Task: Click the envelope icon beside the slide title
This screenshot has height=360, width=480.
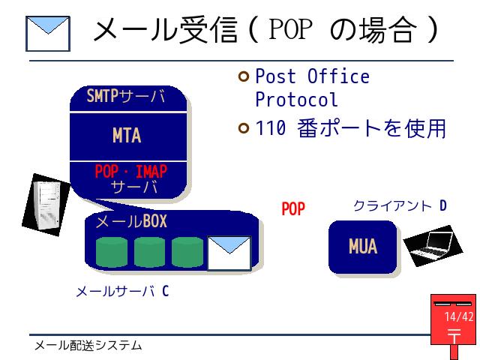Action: (48, 34)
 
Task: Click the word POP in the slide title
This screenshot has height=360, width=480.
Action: (290, 28)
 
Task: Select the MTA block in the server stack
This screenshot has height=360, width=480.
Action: (128, 136)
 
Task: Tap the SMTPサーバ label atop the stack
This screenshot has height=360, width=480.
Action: (126, 96)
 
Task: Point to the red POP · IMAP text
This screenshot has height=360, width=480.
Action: (131, 172)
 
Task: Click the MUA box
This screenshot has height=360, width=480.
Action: (363, 247)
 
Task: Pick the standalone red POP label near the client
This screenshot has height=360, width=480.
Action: (293, 209)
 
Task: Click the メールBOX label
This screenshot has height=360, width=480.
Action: (131, 221)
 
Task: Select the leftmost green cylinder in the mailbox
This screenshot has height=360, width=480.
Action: (112, 252)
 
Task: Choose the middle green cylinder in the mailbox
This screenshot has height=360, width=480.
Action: (149, 252)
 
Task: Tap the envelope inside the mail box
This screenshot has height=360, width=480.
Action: (229, 253)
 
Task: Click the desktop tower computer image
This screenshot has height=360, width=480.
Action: (46, 205)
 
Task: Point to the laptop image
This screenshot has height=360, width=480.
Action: (433, 246)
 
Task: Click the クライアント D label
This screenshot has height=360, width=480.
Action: (400, 206)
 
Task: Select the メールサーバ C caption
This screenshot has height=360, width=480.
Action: (122, 291)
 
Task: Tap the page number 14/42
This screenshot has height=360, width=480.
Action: (458, 316)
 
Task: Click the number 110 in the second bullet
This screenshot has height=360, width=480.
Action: (271, 128)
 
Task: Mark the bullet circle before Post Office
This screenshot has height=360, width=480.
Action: (244, 76)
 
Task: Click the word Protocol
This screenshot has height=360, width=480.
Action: (296, 100)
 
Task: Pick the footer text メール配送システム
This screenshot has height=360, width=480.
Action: (88, 346)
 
